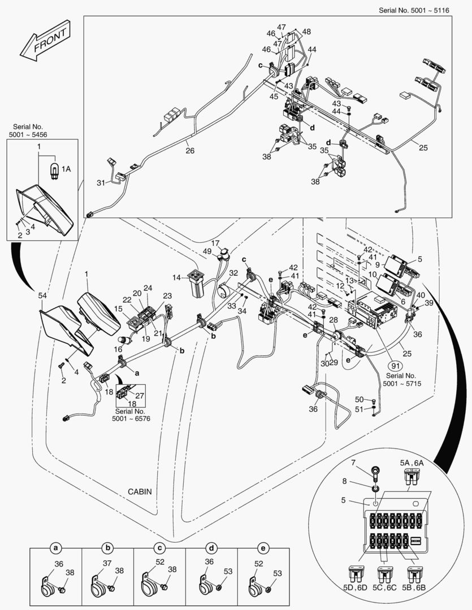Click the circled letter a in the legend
[55, 547]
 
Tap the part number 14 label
[177, 277]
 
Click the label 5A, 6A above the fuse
[411, 463]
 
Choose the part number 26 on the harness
[189, 151]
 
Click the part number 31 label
[101, 182]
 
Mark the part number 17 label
[215, 243]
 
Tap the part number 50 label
[360, 400]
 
